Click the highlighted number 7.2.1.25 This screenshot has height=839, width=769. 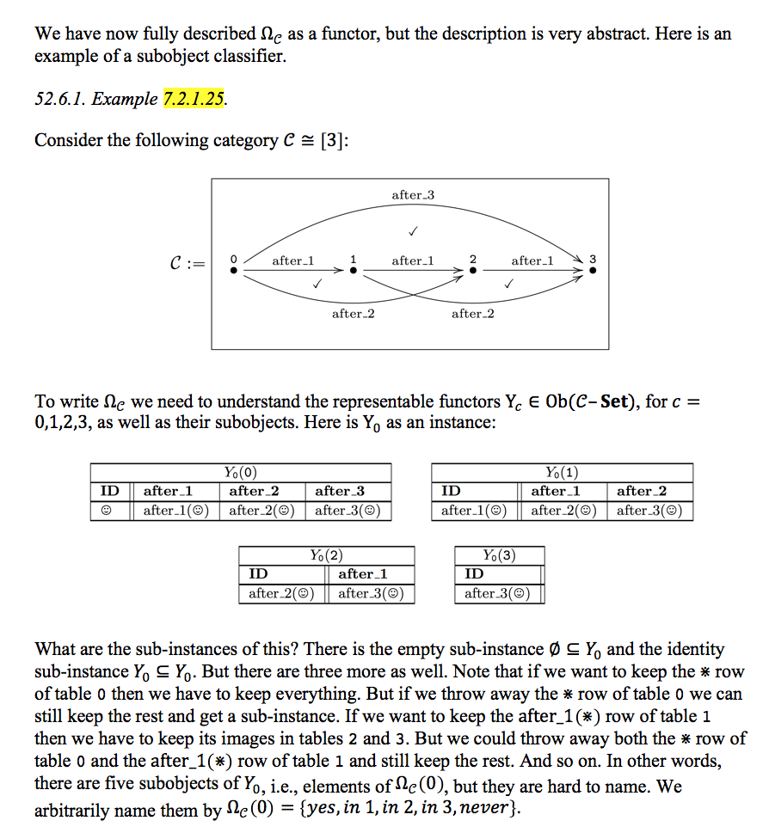[x=194, y=99]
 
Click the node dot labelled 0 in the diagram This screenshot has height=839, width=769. [x=233, y=270]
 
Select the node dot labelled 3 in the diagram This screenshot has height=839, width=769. [x=592, y=270]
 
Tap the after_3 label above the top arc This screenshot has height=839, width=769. [x=413, y=195]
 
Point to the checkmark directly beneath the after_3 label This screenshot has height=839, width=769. [x=413, y=231]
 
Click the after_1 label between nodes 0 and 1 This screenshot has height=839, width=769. [x=292, y=260]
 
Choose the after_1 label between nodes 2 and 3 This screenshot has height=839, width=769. [x=532, y=260]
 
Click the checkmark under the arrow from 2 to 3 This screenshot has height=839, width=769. [x=509, y=283]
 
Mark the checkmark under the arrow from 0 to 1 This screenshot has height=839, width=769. [x=317, y=283]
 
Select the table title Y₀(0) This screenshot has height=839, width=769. [x=240, y=472]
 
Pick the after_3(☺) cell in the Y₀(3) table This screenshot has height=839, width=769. [x=497, y=593]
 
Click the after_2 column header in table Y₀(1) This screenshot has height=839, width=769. [x=642, y=491]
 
